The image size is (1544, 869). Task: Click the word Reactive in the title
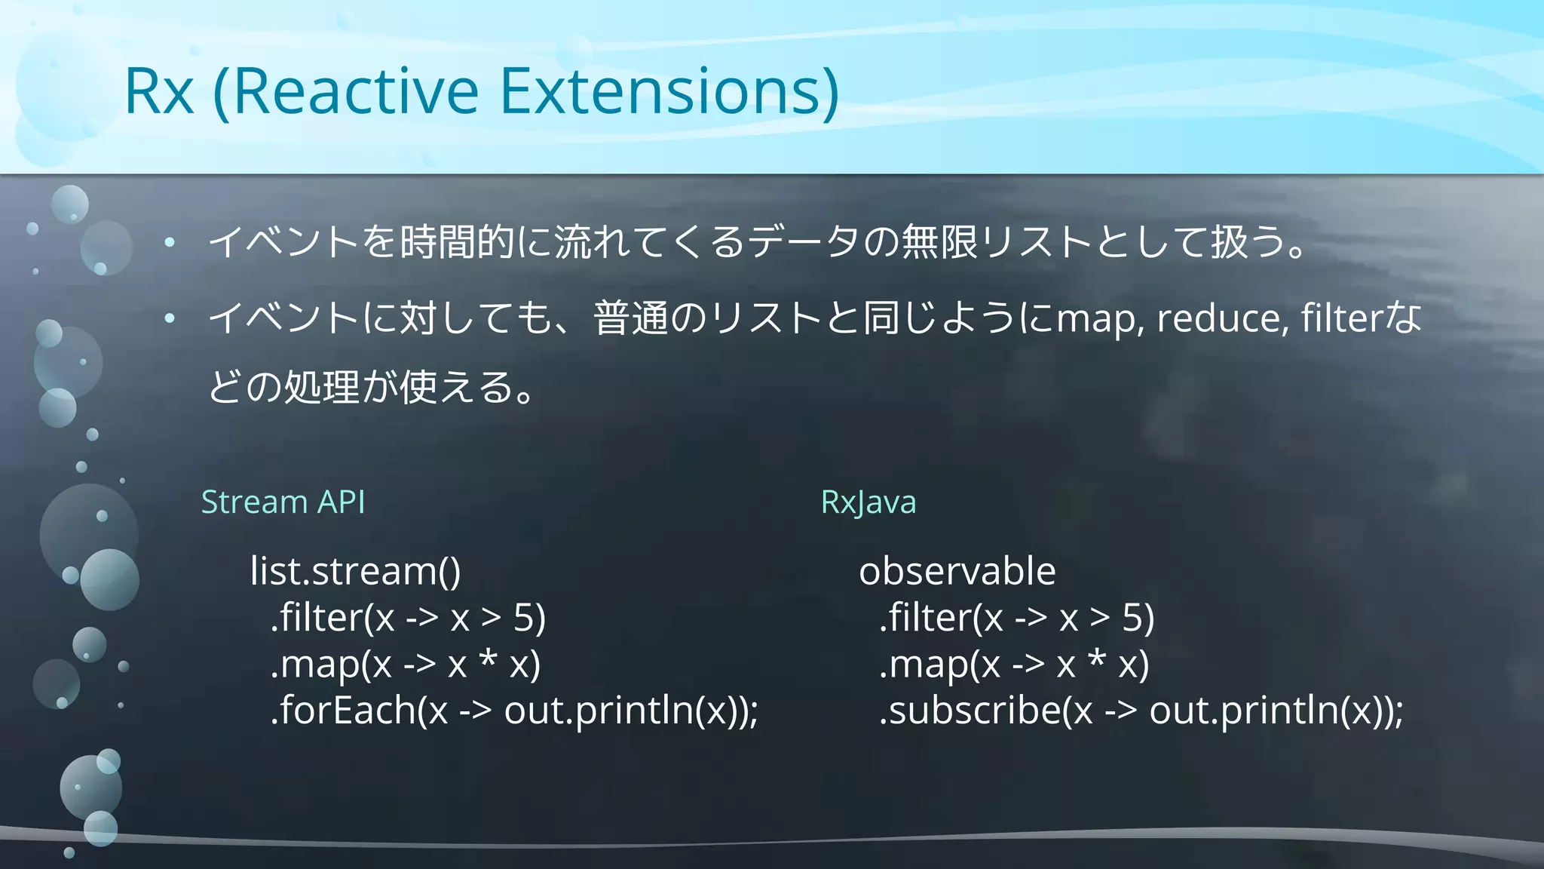(x=356, y=92)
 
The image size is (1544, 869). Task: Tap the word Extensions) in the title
(x=669, y=92)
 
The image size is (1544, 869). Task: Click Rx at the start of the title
(x=158, y=92)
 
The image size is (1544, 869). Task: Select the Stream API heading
(x=283, y=502)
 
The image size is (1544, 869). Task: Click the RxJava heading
(x=868, y=502)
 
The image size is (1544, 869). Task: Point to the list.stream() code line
(x=355, y=571)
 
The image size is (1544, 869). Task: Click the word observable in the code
(x=957, y=571)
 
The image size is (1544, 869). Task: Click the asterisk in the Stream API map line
(x=488, y=659)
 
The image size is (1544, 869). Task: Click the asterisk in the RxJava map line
(x=1096, y=659)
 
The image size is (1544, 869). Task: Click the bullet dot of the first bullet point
(x=170, y=242)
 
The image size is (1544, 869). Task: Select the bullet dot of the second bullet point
(x=170, y=318)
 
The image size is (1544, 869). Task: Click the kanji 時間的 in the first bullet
(x=457, y=242)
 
